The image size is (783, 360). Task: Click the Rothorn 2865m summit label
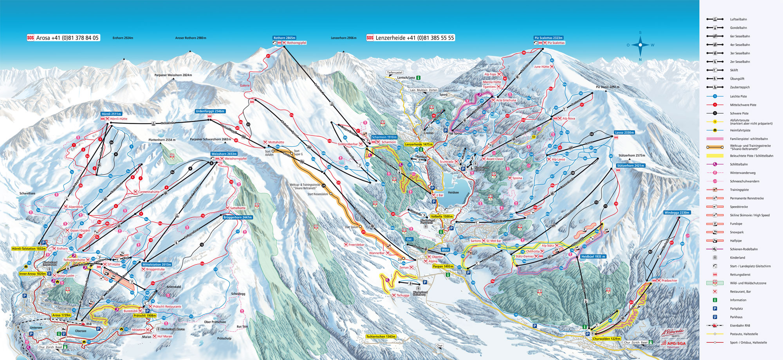point(284,38)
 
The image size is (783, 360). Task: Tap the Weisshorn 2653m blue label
point(224,154)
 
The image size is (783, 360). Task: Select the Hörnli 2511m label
point(111,114)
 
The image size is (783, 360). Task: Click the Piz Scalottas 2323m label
point(548,38)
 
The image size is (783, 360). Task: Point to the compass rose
point(640,45)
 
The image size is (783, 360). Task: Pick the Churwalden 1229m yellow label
point(606,339)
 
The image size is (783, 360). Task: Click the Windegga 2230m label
point(677,212)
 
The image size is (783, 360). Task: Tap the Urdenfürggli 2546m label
point(210,111)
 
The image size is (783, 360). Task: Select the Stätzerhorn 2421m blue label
point(630,166)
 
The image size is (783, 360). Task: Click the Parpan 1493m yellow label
point(443,266)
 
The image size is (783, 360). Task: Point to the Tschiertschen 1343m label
point(381,337)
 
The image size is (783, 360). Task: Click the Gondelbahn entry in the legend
point(738,28)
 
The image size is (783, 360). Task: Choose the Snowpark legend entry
point(736,232)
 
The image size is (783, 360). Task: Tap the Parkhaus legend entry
point(736,317)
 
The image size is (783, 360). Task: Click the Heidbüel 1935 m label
point(593,256)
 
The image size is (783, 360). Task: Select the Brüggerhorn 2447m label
point(237,217)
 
